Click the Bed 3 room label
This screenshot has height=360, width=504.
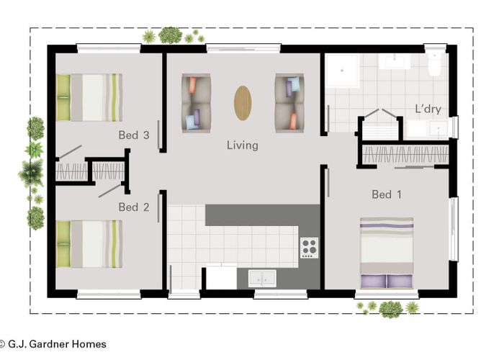[x=134, y=135]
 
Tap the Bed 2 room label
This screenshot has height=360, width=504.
[x=134, y=207]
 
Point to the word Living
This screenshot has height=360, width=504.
[x=242, y=145]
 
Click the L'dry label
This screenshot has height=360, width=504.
[x=428, y=109]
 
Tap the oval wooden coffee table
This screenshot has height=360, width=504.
[x=243, y=103]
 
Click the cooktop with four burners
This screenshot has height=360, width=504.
[x=310, y=247]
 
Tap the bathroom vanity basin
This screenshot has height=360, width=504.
[x=395, y=61]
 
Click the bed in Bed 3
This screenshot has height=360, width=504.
[x=89, y=97]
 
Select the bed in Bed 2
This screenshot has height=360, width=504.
[x=89, y=243]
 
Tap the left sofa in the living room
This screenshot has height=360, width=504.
[x=196, y=103]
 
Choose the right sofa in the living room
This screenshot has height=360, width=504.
[x=290, y=103]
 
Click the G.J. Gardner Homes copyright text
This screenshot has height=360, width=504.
[x=53, y=344]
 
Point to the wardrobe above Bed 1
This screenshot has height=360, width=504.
[x=405, y=154]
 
